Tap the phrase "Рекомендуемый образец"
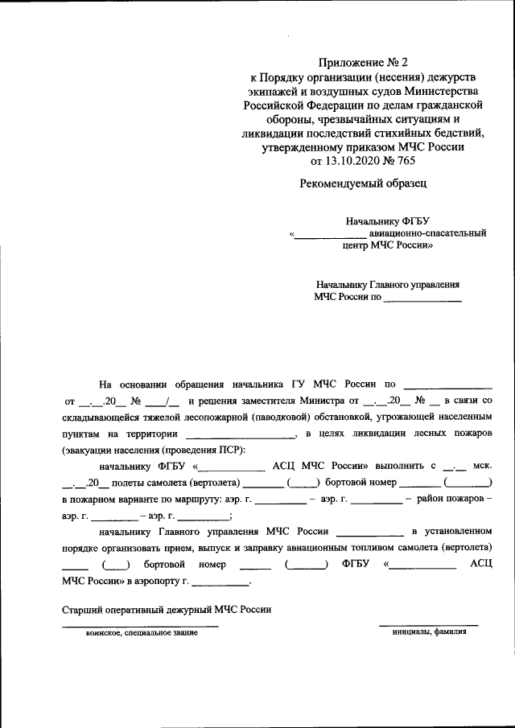(363, 183)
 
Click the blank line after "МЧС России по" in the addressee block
(422, 298)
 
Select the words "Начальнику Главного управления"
(388, 284)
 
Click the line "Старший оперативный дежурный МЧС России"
(167, 609)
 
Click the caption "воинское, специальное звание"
(142, 633)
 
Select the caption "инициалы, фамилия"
(429, 631)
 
